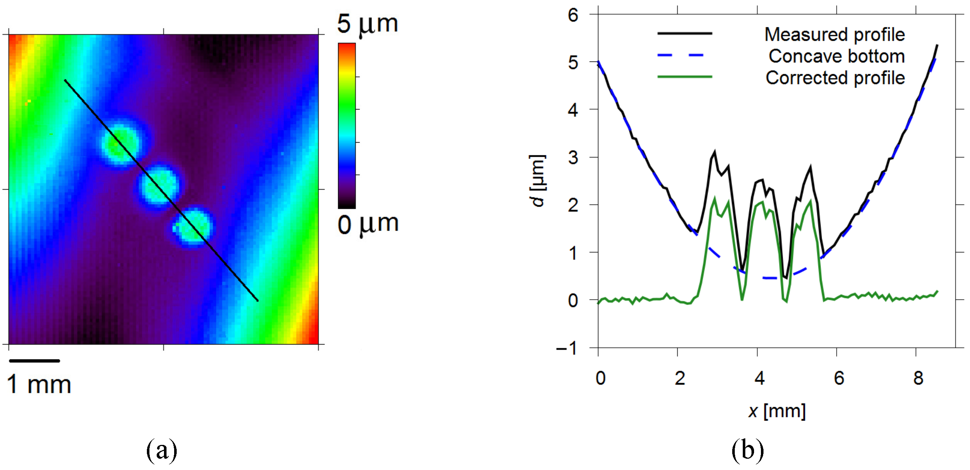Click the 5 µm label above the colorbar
point(367,24)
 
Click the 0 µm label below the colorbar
point(368,225)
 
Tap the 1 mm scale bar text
point(39,385)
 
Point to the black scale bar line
point(34,361)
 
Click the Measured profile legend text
point(834,35)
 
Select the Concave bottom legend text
point(836,56)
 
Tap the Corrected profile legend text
point(835,78)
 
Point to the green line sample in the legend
point(684,77)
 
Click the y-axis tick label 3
point(573,158)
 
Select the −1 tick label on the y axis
point(567,348)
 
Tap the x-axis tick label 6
point(839,378)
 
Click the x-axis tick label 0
point(600,378)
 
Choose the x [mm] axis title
point(777,411)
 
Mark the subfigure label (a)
point(161,450)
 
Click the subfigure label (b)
point(747,450)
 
